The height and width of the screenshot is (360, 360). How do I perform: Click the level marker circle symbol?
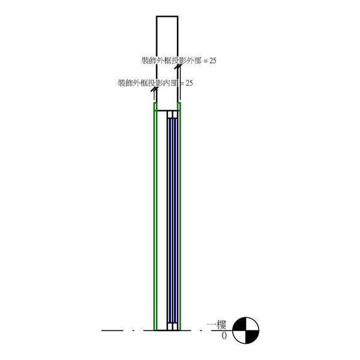click(x=245, y=331)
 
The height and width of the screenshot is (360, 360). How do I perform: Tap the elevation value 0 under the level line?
click(x=224, y=336)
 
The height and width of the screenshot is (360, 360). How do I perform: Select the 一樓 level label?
click(x=217, y=325)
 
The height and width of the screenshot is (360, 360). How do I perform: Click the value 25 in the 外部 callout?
click(x=212, y=61)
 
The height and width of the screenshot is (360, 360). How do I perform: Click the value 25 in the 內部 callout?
click(x=189, y=83)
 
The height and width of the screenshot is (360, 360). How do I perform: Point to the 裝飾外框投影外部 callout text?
click(x=171, y=61)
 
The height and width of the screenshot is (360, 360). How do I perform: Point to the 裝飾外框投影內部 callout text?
click(x=148, y=83)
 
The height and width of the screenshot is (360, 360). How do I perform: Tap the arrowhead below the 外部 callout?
click(x=178, y=67)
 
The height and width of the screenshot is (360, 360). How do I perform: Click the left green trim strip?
click(x=155, y=216)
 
